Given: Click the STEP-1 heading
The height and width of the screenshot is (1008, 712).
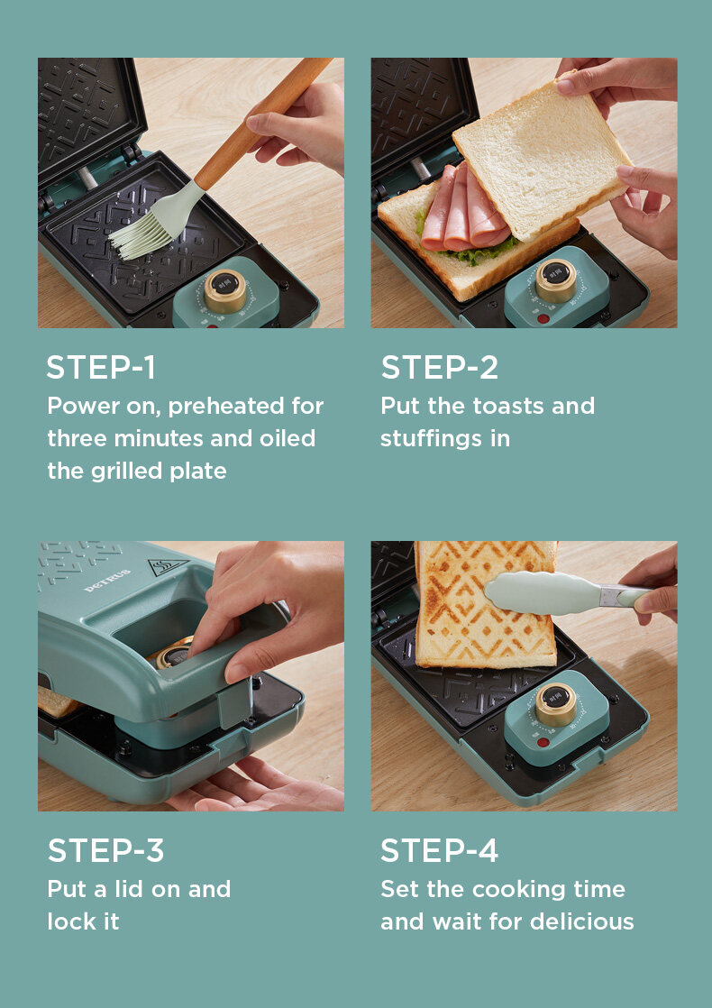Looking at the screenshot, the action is click(101, 368).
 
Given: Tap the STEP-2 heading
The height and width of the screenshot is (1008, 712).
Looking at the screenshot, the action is click(440, 368).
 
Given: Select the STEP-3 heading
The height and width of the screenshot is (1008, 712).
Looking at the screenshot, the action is click(106, 850).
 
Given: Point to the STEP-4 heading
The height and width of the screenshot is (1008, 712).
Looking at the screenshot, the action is click(440, 850).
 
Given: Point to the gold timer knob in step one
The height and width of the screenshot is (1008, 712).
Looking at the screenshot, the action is click(225, 290).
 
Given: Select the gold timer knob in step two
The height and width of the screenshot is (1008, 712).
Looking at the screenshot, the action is click(556, 280).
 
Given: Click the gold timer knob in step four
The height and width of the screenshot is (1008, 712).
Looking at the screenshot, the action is click(556, 704).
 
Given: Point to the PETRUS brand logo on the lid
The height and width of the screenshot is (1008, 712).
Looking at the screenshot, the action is click(107, 579).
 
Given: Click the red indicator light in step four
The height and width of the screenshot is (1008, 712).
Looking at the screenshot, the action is click(543, 743).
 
